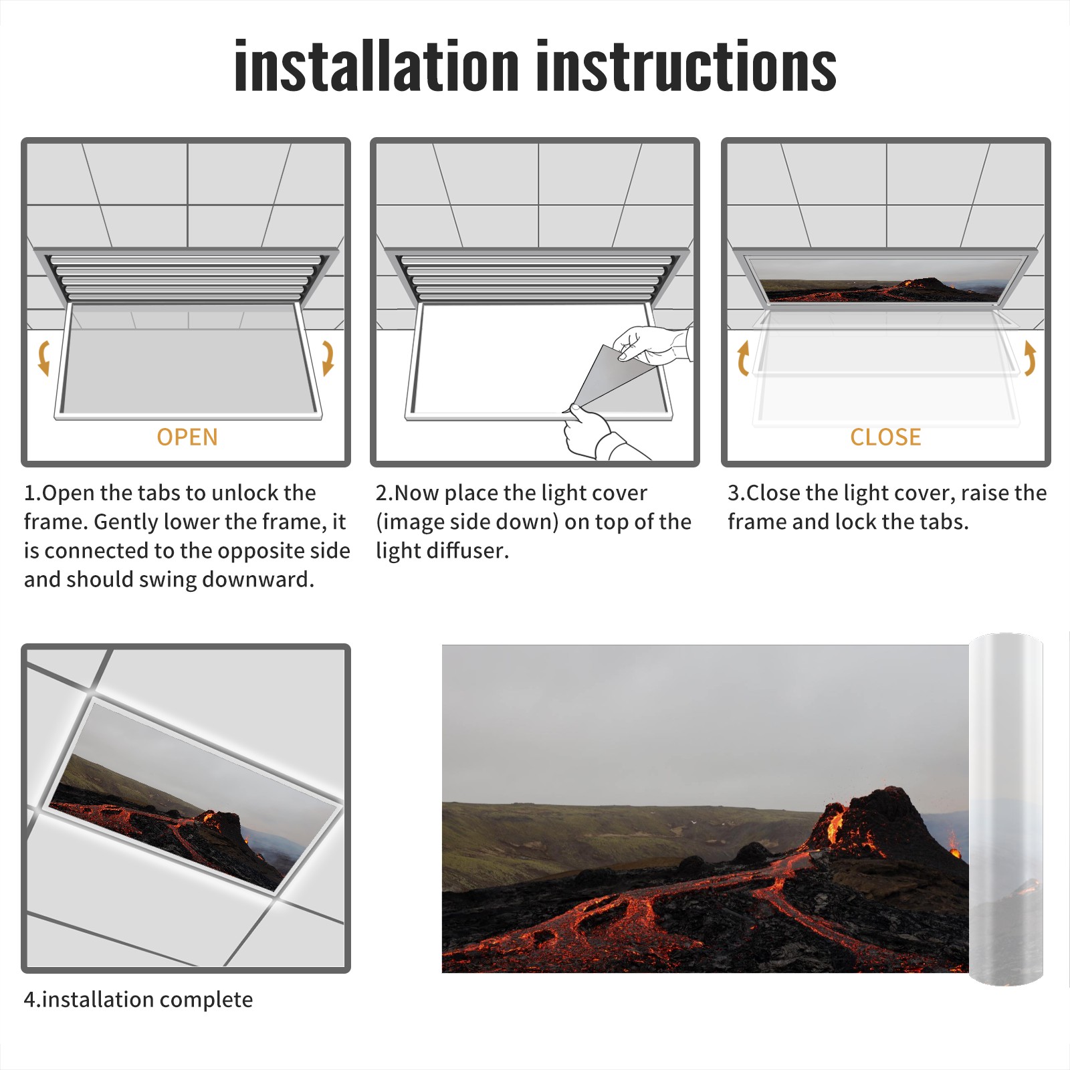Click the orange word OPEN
(x=187, y=437)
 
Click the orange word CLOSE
(x=885, y=437)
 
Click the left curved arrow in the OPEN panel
(x=43, y=358)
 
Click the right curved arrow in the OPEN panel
(x=328, y=358)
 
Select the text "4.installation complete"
(x=138, y=1000)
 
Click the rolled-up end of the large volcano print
(x=1005, y=809)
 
